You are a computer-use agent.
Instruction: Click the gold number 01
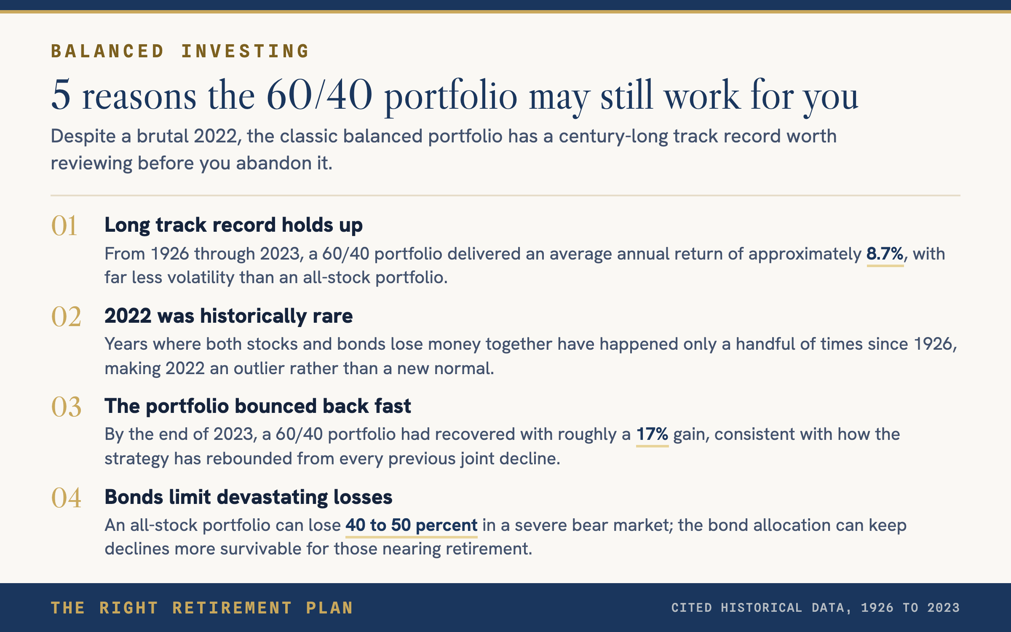pos(64,226)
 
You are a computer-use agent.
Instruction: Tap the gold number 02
pos(66,317)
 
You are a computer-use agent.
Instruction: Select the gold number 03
pos(66,407)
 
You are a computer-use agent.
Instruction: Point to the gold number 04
pos(66,498)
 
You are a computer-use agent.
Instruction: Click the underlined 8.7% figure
pos(885,254)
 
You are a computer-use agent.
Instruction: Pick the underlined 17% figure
pos(652,434)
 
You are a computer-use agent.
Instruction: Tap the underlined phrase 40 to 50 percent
pos(412,525)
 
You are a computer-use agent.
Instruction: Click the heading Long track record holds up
pos(233,225)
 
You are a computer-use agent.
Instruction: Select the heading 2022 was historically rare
pos(229,316)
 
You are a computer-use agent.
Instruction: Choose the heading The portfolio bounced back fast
pos(258,406)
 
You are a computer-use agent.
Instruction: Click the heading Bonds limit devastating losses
pos(249,497)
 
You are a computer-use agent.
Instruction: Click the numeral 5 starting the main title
pos(61,95)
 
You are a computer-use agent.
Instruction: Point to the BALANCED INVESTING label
pos(180,51)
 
